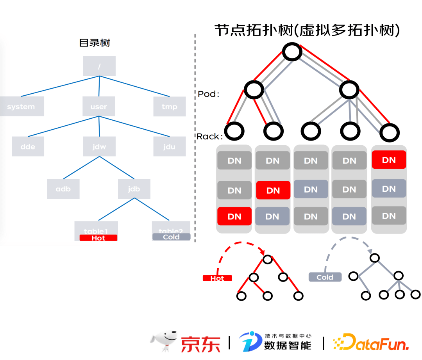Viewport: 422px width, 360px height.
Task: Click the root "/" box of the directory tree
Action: (99, 66)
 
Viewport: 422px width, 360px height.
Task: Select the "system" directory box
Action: (21, 107)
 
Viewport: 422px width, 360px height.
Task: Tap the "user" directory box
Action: (99, 106)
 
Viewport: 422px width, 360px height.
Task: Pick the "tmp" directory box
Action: (169, 106)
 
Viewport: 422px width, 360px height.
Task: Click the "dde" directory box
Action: (28, 146)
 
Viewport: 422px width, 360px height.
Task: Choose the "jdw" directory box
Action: (99, 146)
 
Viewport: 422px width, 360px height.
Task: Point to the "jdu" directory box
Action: (169, 146)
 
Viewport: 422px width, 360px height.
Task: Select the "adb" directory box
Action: (63, 189)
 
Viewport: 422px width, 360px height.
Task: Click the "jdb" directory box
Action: (134, 189)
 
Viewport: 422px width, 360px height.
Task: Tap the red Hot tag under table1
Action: (98, 238)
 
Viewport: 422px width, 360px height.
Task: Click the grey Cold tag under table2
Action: (171, 237)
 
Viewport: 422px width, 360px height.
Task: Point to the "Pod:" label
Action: (208, 94)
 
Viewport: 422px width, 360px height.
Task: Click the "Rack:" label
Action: (209, 136)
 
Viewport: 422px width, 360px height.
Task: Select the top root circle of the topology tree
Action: (292, 52)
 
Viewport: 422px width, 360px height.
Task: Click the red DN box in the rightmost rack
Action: (389, 160)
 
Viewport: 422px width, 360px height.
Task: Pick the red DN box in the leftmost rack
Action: (234, 216)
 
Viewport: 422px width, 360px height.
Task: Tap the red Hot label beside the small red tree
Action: (217, 278)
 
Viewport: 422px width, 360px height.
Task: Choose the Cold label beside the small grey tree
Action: (325, 277)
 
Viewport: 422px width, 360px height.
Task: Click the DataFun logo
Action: (371, 342)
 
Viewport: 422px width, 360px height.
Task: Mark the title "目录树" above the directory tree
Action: (95, 43)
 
